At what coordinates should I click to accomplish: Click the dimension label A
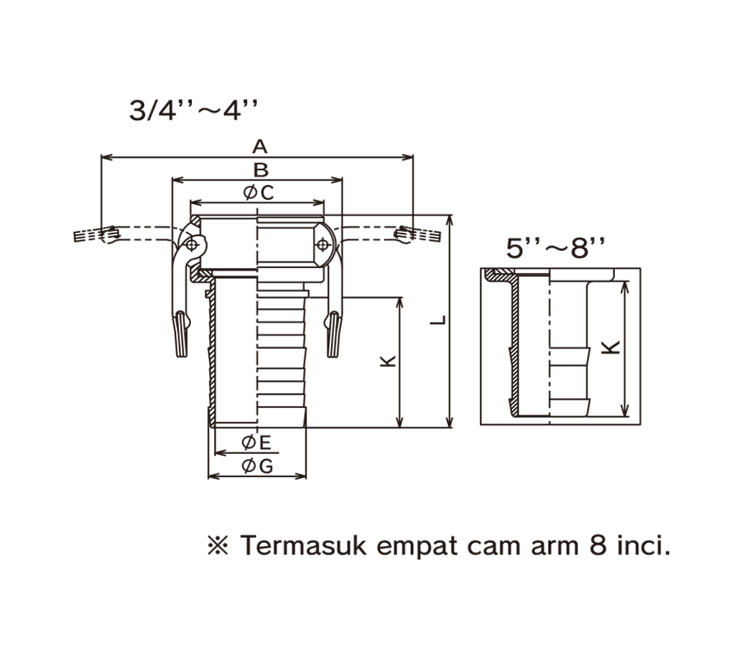(x=259, y=146)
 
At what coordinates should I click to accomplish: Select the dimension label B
(x=259, y=170)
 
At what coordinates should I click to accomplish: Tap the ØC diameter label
(x=258, y=192)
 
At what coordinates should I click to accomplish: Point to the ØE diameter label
(x=257, y=443)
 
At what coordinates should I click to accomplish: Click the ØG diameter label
(x=257, y=466)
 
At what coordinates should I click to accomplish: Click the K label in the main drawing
(x=388, y=362)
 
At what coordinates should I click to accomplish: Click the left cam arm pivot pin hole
(x=193, y=245)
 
